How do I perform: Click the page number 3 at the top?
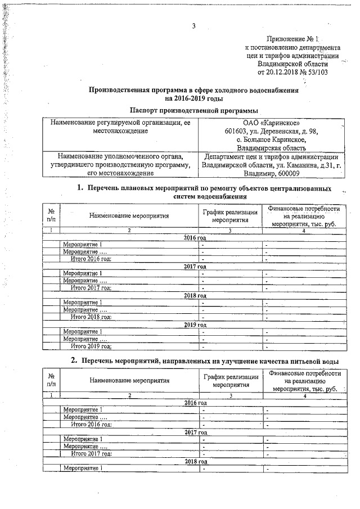pos(193,25)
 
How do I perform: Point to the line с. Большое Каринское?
pos(271,139)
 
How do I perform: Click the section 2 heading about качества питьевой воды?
pos(206,360)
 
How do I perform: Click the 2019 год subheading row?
pos(195,325)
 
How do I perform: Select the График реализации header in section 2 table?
pos(231,381)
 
